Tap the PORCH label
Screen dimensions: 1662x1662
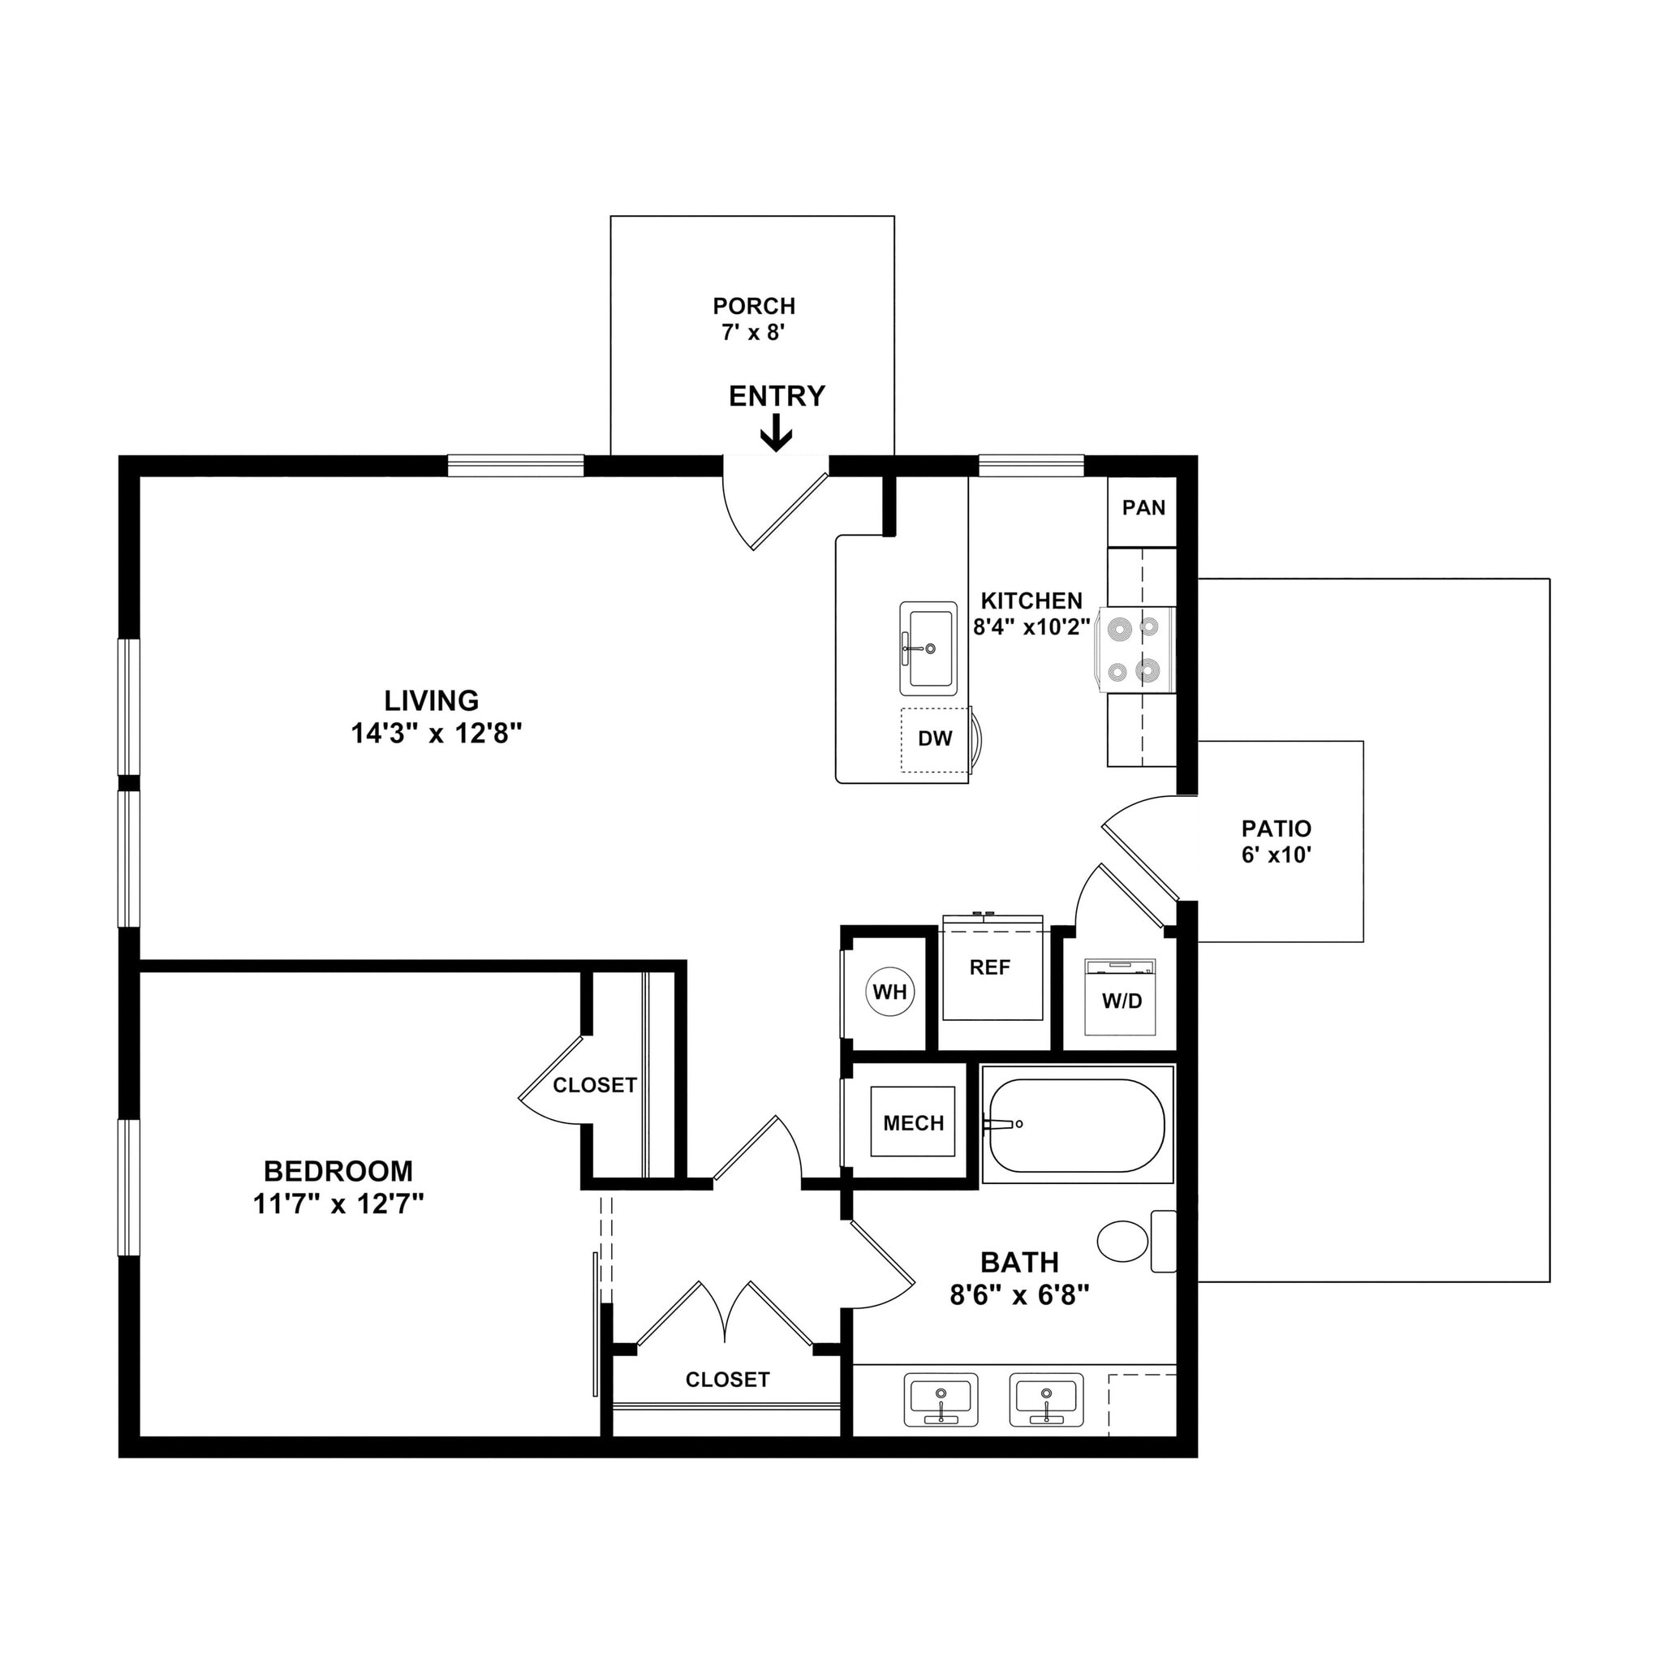pyautogui.click(x=754, y=305)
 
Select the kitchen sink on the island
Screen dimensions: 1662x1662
pyautogui.click(x=928, y=648)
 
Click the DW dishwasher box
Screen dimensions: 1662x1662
pyautogui.click(x=935, y=738)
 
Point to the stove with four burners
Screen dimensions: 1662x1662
pyautogui.click(x=1135, y=650)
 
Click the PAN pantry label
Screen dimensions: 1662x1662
pyautogui.click(x=1143, y=507)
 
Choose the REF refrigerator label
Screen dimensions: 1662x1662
pyautogui.click(x=989, y=968)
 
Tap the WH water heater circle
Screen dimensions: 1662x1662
pyautogui.click(x=889, y=992)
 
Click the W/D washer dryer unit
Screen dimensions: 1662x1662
pyautogui.click(x=1120, y=998)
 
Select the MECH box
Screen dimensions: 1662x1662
pyautogui.click(x=913, y=1123)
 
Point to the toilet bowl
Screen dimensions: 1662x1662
pyautogui.click(x=1123, y=1242)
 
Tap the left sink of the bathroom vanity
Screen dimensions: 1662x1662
pyautogui.click(x=941, y=1400)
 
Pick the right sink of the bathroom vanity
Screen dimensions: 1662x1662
pyautogui.click(x=1046, y=1400)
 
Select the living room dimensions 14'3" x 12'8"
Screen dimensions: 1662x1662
pyautogui.click(x=436, y=734)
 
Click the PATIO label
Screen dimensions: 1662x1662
pyautogui.click(x=1276, y=829)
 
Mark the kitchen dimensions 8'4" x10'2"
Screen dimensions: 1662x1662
pyautogui.click(x=1031, y=627)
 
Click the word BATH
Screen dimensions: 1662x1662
pyautogui.click(x=1019, y=1262)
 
